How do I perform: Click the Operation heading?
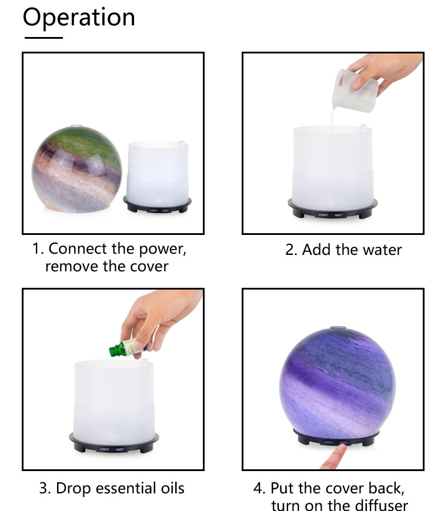coord(79,18)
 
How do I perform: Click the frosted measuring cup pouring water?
coord(355,90)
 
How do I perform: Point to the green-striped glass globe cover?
coord(76,169)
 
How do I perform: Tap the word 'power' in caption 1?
coord(162,250)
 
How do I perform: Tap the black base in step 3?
coord(114,443)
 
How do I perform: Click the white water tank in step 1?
coord(157,172)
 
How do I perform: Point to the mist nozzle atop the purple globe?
coord(338,328)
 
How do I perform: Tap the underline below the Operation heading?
coord(44,38)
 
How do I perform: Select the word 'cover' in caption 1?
coord(149,267)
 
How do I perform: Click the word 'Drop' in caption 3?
coord(73,489)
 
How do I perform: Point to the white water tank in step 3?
coord(114,400)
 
